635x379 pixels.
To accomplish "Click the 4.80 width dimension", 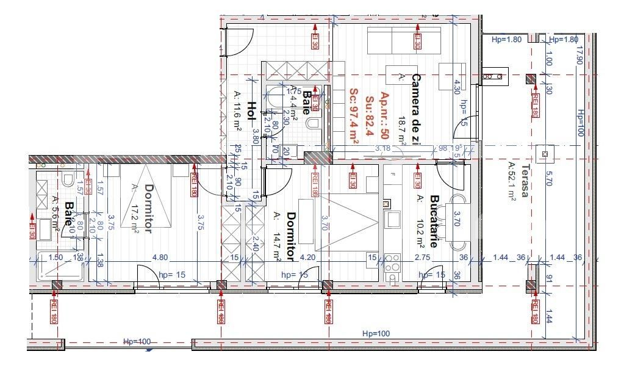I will pos(160,258).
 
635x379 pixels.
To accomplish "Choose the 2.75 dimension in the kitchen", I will pos(422,258).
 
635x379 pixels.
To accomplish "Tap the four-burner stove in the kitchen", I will pos(392,263).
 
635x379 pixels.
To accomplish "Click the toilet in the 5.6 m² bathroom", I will pos(68,179).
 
